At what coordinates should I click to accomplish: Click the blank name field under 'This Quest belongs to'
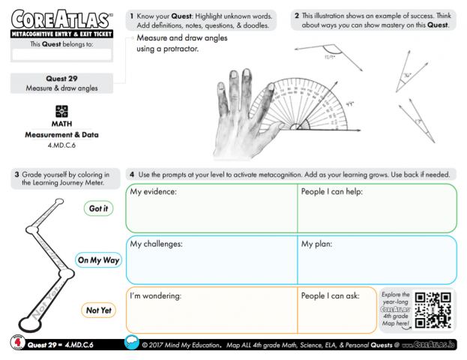(61, 55)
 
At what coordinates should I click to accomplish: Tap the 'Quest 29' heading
(62, 78)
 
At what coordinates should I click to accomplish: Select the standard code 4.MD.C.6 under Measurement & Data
(62, 145)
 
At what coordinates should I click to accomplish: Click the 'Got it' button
(98, 208)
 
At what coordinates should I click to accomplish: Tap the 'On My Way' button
(98, 260)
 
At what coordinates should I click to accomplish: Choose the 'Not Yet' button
(98, 310)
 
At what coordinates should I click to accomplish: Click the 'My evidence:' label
(153, 192)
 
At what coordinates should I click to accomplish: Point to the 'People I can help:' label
(334, 192)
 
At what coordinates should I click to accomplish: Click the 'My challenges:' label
(156, 244)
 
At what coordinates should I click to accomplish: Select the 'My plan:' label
(317, 244)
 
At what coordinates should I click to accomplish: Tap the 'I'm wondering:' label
(156, 296)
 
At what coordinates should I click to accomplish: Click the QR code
(432, 309)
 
